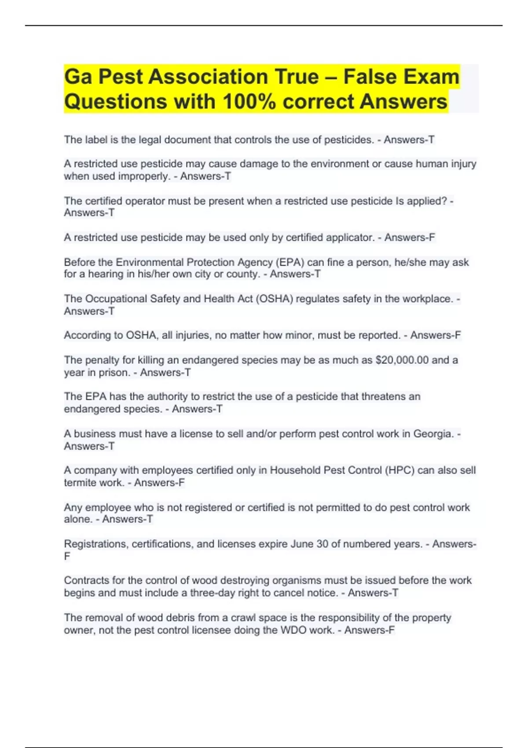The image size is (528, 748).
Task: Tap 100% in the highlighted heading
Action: click(249, 102)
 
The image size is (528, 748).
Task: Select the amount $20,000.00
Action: click(402, 360)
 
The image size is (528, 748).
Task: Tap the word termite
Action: click(78, 483)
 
